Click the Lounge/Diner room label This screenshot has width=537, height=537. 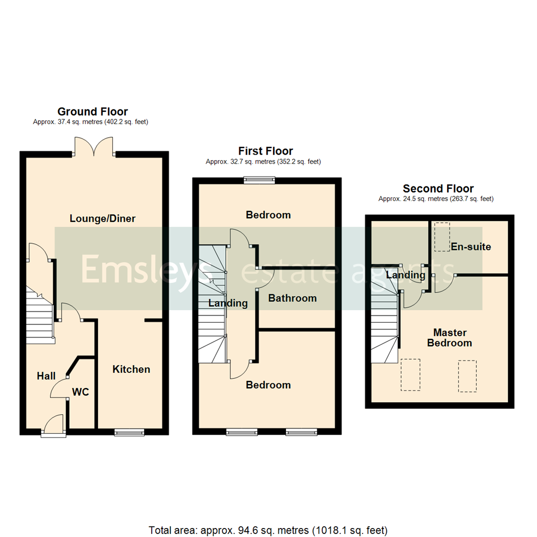click(x=102, y=218)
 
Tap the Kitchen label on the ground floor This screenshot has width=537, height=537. click(x=131, y=369)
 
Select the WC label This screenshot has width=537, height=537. click(x=81, y=392)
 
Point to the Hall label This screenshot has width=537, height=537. click(x=46, y=376)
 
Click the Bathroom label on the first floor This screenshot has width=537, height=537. click(x=292, y=298)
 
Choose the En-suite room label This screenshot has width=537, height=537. click(x=471, y=247)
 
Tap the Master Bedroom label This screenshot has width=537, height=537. click(x=452, y=337)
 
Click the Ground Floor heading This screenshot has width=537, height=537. click(x=92, y=111)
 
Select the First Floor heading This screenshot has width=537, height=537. click(x=266, y=151)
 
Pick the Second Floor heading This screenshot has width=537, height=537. click(x=438, y=188)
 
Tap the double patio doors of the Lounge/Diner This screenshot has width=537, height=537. click(x=94, y=146)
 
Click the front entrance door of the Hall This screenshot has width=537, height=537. click(x=53, y=427)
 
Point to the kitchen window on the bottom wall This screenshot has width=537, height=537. click(x=129, y=432)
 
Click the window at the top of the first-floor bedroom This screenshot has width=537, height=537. click(x=259, y=180)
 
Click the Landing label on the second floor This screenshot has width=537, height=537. click(x=406, y=275)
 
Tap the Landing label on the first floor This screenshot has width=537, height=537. click(x=228, y=303)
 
